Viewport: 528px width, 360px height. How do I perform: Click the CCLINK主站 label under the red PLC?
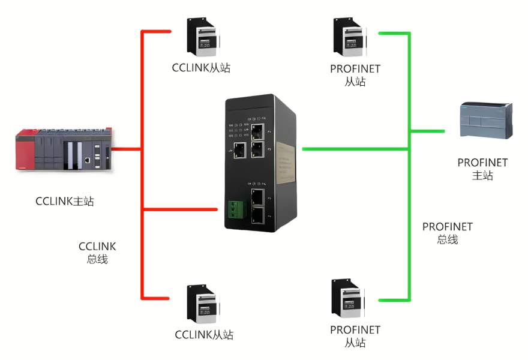tap(65, 201)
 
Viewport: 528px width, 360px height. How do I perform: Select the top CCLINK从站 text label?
tap(201, 68)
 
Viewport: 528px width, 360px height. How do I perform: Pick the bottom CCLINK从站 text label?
tap(204, 335)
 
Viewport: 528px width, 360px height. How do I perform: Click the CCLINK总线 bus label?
tap(97, 253)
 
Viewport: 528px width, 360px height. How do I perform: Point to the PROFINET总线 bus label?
tap(448, 233)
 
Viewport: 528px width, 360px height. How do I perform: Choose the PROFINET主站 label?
tap(482, 169)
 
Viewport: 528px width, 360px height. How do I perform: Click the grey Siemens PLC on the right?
tap(485, 122)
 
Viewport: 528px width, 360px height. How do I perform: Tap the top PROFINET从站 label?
tap(355, 75)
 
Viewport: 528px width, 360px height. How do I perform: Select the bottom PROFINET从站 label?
tap(355, 336)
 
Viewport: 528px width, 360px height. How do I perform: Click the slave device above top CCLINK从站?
tap(201, 37)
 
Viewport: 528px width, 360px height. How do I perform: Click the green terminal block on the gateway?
tap(235, 208)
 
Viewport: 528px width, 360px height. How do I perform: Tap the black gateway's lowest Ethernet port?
tap(259, 214)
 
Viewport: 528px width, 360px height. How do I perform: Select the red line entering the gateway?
tap(180, 209)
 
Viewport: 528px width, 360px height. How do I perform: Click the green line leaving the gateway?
tap(354, 148)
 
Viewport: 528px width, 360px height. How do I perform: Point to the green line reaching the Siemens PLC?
tap(427, 131)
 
